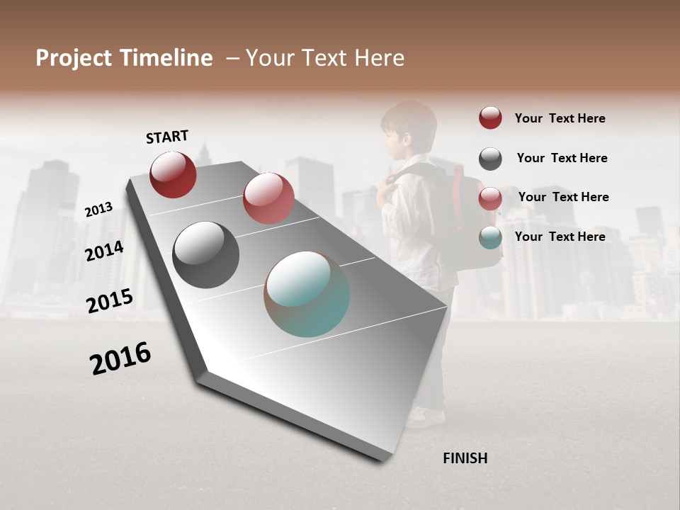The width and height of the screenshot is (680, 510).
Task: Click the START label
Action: click(167, 137)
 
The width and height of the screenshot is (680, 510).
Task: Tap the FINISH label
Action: click(465, 458)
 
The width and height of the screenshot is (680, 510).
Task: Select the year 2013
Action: click(98, 209)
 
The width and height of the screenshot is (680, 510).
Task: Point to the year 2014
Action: click(104, 251)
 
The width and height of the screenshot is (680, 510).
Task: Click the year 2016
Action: click(120, 358)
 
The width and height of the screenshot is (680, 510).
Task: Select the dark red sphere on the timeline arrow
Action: click(173, 174)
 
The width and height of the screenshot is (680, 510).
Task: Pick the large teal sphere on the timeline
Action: click(307, 294)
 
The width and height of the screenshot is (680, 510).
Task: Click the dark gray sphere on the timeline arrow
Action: click(205, 255)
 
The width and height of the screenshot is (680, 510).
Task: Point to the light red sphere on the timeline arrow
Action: click(268, 198)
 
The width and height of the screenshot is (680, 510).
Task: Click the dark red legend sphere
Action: click(490, 118)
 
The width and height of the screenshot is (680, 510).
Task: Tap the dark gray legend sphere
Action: click(490, 159)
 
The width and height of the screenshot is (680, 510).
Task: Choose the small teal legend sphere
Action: click(490, 238)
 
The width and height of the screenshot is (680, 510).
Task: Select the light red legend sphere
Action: click(490, 198)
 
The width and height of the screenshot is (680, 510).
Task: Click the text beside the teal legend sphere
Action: click(560, 237)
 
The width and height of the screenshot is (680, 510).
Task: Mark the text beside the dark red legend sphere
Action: click(560, 118)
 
